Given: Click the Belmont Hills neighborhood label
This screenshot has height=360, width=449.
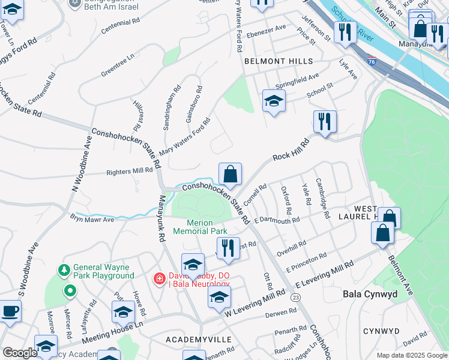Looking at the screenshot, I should point(279,61).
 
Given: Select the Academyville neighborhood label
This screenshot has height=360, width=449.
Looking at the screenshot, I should point(199,340).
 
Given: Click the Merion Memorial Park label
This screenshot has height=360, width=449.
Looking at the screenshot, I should point(200,227).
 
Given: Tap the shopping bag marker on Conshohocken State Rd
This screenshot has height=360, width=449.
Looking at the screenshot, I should point(230,175).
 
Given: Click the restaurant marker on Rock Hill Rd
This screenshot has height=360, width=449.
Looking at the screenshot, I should point(325,122).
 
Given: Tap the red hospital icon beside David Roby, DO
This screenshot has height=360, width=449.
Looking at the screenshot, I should point(159,278).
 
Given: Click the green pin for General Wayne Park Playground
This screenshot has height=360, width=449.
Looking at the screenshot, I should point(70,292).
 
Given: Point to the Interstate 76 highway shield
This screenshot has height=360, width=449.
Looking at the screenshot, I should point(372,61).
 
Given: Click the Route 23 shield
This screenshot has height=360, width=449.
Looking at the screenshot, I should point(295,297).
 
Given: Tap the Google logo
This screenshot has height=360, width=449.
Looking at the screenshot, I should point(20,353).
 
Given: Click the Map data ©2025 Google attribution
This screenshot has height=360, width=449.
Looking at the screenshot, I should point(411,355).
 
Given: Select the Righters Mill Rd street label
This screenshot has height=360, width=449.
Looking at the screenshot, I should point(129,172).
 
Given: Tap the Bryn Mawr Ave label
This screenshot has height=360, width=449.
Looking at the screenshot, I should point(92,218).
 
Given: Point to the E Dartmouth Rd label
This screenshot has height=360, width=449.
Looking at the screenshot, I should point(277,221).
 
